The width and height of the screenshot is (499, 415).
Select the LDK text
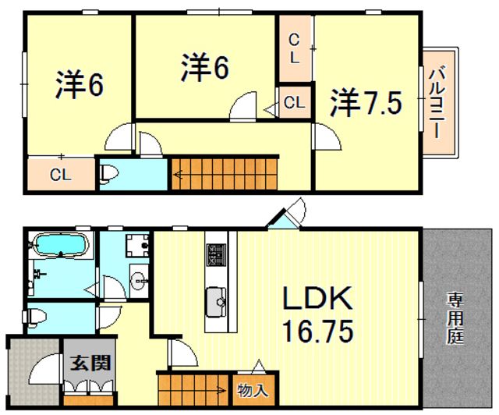coord(317,298)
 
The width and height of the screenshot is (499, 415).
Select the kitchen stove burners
coord(215,255)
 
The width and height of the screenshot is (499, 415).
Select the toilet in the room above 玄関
coord(36,317)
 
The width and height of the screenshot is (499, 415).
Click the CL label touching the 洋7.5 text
coord(294,101)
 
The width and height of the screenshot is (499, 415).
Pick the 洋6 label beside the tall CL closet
coord(206,67)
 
